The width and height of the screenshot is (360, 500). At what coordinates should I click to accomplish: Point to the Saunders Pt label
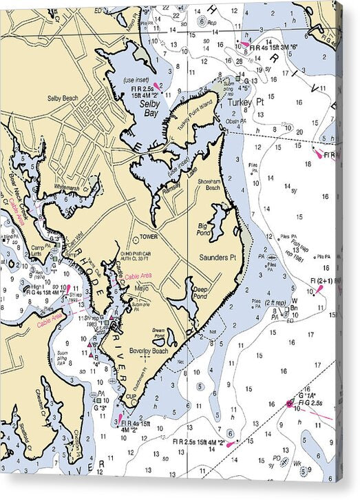[218, 257]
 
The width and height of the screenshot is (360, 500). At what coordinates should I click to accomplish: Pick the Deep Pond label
[200, 293]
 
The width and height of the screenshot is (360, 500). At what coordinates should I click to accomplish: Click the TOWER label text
[149, 236]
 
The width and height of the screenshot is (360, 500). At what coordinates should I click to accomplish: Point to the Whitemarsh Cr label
[81, 187]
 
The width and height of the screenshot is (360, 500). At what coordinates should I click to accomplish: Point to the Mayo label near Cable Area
[142, 287]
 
